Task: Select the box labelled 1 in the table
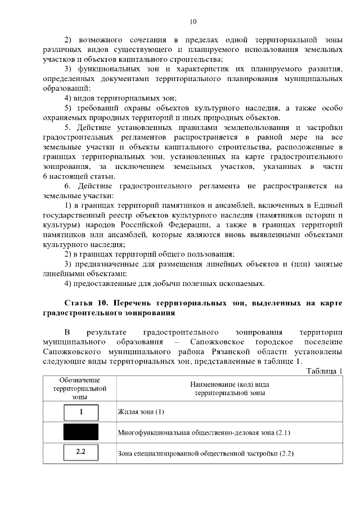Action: coord(81,411)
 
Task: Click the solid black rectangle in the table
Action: coord(81,432)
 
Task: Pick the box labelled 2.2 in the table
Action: coord(81,452)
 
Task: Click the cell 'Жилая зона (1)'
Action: coord(141,412)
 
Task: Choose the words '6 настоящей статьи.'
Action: coord(74,177)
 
